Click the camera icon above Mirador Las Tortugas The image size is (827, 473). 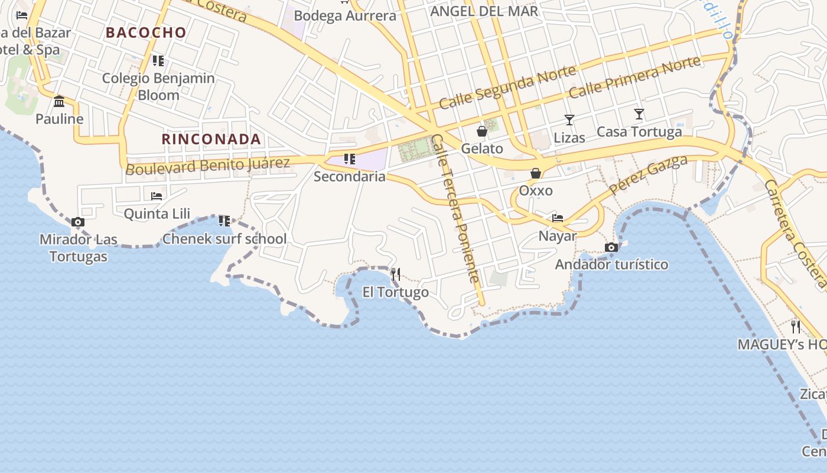pyautogui.click(x=77, y=222)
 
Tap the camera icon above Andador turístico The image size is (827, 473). pyautogui.click(x=611, y=247)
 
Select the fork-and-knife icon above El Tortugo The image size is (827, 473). pyautogui.click(x=396, y=274)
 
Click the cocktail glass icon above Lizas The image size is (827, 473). pyautogui.click(x=569, y=120)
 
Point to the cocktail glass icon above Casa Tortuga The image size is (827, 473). pyautogui.click(x=639, y=114)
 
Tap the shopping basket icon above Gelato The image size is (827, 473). pyautogui.click(x=482, y=131)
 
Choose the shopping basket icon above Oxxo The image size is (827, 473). pyautogui.click(x=536, y=173)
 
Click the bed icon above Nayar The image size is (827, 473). pyautogui.click(x=557, y=218)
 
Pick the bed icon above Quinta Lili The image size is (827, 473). pyautogui.click(x=157, y=196)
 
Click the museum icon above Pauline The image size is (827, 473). pyautogui.click(x=59, y=102)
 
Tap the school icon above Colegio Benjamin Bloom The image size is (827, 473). pyautogui.click(x=158, y=60)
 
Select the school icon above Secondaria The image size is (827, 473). pyautogui.click(x=350, y=158)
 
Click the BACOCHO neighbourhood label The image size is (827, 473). pyautogui.click(x=146, y=33)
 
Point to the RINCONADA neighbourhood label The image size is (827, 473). pyautogui.click(x=211, y=139)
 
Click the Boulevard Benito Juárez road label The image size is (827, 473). pyautogui.click(x=208, y=166)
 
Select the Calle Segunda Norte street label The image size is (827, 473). pyautogui.click(x=507, y=88)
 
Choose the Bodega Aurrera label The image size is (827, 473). pyautogui.click(x=345, y=15)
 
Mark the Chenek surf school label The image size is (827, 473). pyautogui.click(x=224, y=239)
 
